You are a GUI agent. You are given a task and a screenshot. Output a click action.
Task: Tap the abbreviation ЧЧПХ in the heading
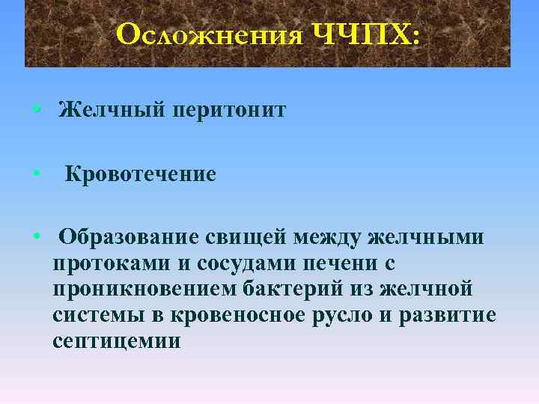point(363,34)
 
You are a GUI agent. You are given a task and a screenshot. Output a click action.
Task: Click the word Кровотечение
point(140,174)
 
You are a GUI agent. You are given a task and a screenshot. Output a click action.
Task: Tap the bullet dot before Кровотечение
point(37,174)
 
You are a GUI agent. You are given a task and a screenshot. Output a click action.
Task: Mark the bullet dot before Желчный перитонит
point(37,111)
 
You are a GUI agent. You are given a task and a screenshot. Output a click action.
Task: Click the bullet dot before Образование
point(37,237)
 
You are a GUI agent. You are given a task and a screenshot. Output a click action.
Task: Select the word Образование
point(129,237)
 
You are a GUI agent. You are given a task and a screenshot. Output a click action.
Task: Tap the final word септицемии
point(117,341)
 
